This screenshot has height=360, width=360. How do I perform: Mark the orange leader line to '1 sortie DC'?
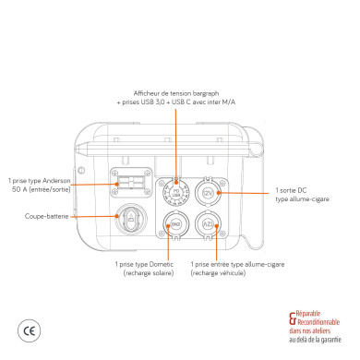(x=245, y=192)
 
